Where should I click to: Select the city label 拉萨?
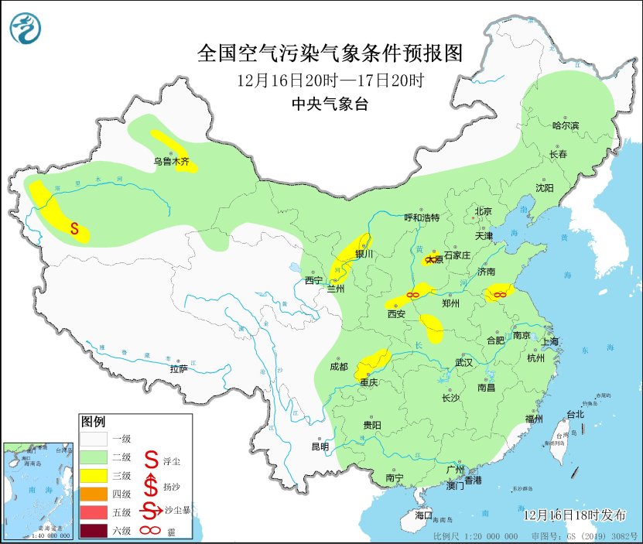coord(179,369)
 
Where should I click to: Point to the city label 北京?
coord(484,211)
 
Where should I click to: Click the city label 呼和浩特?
coord(422,217)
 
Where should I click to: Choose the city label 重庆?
coord(367,382)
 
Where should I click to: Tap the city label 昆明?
coord(320,446)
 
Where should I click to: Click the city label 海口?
coord(423,515)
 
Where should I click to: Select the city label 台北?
coord(575,414)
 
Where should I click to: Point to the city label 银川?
coord(364,254)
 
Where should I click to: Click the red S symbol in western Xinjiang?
coord(74,228)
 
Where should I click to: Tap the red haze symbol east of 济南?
coord(500,294)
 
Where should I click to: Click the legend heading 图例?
coord(93,422)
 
